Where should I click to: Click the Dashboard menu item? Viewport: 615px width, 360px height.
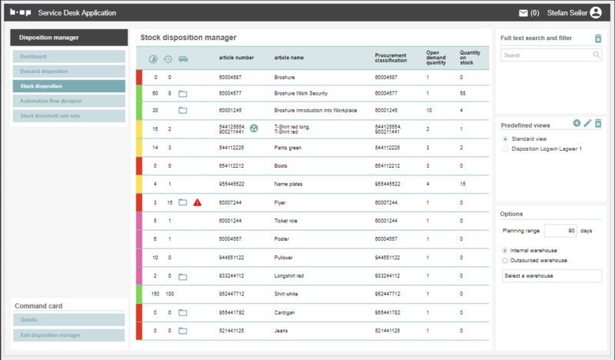pyautogui.click(x=68, y=57)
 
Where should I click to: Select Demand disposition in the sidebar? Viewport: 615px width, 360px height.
pyautogui.click(x=68, y=72)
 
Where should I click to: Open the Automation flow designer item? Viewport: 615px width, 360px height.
pyautogui.click(x=68, y=101)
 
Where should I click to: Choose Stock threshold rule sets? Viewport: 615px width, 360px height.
pyautogui.click(x=68, y=115)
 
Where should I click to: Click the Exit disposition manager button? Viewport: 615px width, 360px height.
pyautogui.click(x=68, y=335)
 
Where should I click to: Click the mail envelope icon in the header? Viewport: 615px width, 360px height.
pyautogui.click(x=524, y=12)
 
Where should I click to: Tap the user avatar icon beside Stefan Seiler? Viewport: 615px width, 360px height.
pyautogui.click(x=596, y=12)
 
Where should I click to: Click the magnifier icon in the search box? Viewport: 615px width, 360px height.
pyautogui.click(x=597, y=55)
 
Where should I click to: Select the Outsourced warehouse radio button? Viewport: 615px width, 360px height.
pyautogui.click(x=504, y=261)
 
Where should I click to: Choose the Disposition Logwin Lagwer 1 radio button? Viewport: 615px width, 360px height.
pyautogui.click(x=504, y=149)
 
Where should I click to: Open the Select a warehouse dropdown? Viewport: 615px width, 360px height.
pyautogui.click(x=551, y=275)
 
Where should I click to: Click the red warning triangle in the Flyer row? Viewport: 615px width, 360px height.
pyautogui.click(x=198, y=202)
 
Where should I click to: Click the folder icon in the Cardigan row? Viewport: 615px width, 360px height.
pyautogui.click(x=183, y=313)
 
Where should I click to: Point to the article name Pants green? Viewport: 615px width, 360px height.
pyautogui.click(x=288, y=147)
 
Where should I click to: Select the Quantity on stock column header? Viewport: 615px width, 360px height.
pyautogui.click(x=470, y=58)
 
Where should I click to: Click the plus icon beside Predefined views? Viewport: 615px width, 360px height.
pyautogui.click(x=577, y=124)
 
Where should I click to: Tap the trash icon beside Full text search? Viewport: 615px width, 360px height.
pyautogui.click(x=598, y=38)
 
